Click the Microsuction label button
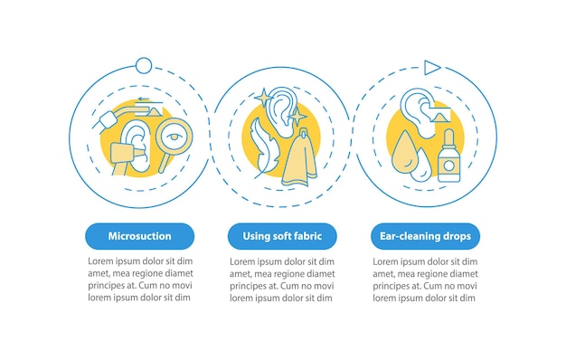tap(140, 236)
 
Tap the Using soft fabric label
tap(282, 236)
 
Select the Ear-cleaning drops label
tap(425, 236)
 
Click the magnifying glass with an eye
tap(174, 137)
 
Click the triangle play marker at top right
tap(432, 68)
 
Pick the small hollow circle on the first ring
tap(144, 66)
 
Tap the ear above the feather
tap(284, 110)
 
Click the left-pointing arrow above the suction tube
tap(144, 99)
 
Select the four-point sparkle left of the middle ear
tap(264, 97)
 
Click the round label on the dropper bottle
tap(449, 166)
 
